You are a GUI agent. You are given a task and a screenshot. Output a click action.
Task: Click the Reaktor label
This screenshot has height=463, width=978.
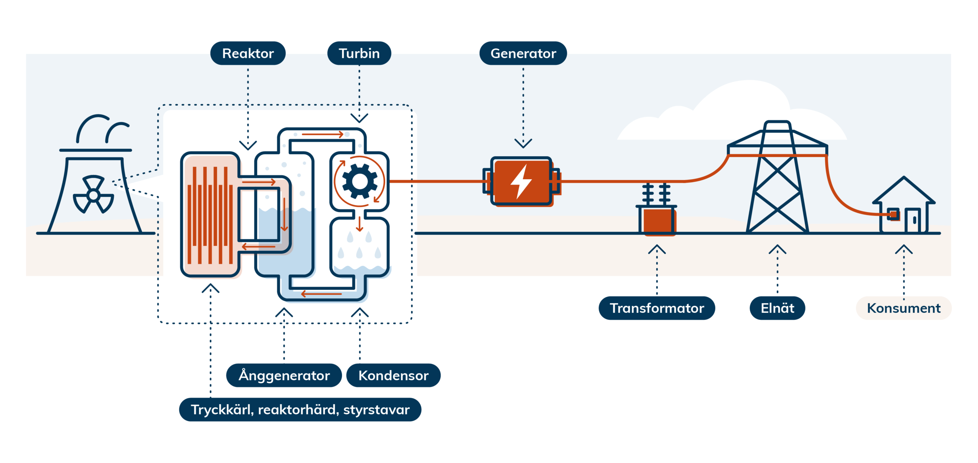[x=248, y=53]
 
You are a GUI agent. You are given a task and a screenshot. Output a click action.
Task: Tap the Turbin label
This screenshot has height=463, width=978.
[x=359, y=53]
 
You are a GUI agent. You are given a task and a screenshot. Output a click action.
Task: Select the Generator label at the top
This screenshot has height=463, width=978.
[x=523, y=53]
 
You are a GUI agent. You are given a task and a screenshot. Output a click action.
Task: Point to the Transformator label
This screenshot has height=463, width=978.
[x=656, y=308]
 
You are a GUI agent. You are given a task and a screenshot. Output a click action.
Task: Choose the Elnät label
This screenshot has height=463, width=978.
[x=777, y=308]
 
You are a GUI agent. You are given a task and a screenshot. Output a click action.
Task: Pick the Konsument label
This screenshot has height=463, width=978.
[x=904, y=308]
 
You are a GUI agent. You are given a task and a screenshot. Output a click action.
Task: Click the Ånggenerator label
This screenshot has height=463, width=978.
[x=284, y=375]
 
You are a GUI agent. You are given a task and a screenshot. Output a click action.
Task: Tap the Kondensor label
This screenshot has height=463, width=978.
[x=393, y=375]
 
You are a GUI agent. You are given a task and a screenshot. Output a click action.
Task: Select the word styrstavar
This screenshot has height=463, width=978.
[x=376, y=410]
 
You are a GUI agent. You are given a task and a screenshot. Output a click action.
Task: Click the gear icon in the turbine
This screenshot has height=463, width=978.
[x=359, y=181]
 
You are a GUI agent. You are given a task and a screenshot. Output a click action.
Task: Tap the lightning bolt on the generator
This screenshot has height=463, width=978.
[x=521, y=181]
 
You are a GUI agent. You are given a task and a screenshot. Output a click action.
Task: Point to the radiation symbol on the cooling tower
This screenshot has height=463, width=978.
[x=93, y=195]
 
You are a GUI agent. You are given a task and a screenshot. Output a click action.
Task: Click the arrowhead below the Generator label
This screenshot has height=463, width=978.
[x=523, y=143]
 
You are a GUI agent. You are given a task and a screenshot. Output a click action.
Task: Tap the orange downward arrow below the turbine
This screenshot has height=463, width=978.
[x=359, y=224]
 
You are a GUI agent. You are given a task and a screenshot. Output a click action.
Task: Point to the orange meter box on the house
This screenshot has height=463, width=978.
[x=893, y=214]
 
